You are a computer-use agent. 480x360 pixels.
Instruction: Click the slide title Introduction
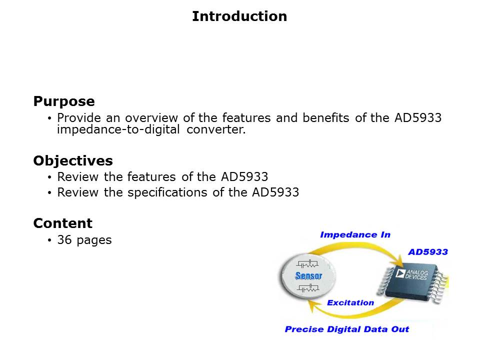(239, 16)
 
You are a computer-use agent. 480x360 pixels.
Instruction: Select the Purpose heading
(64, 101)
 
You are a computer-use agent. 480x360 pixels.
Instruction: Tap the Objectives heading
(73, 161)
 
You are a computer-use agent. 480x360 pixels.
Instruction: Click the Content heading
(63, 223)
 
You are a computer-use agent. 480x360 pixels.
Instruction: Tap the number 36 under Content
(64, 240)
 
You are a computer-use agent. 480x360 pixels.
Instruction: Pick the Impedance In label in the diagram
(355, 234)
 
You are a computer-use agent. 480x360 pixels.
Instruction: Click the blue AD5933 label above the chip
(427, 252)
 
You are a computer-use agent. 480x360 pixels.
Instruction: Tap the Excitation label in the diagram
(350, 302)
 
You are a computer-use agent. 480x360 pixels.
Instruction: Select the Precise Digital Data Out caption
(346, 329)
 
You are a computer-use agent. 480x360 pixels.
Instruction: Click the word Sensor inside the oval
(308, 276)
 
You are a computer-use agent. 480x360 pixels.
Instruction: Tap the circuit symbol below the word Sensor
(308, 288)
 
